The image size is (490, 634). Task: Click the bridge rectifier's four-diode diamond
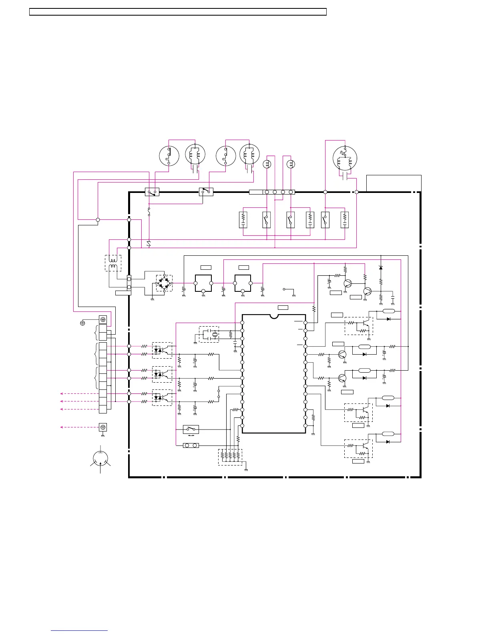point(164,283)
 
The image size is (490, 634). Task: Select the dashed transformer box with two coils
point(113,263)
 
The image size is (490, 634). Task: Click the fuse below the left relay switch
point(149,212)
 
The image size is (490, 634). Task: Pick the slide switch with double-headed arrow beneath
point(191,429)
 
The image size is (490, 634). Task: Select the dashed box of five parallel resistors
point(230,457)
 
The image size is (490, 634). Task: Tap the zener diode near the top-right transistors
point(381,267)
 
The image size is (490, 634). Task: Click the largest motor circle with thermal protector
point(345,158)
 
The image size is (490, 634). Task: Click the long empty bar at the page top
point(178,12)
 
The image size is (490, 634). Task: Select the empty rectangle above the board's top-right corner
point(394,183)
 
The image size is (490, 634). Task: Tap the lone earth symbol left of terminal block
point(83,323)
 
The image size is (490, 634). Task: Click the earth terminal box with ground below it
point(103,427)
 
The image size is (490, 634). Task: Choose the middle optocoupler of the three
point(162,374)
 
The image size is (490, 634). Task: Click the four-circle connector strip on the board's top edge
point(279,192)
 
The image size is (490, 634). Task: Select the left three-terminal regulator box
point(203,283)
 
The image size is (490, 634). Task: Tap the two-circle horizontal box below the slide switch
point(191,445)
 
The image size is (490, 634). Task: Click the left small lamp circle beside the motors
point(267,164)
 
